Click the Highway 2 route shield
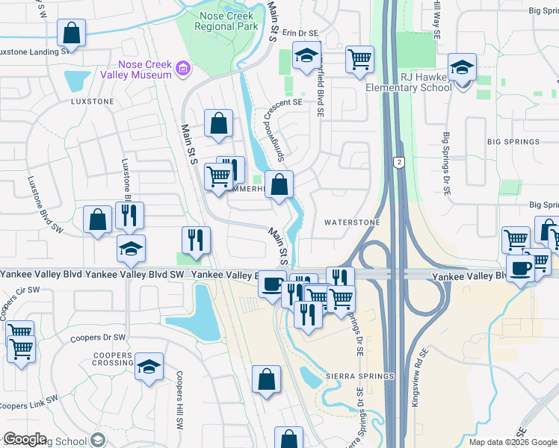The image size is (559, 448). (400, 162)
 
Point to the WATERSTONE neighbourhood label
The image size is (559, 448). (351, 223)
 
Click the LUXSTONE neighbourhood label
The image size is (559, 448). (92, 101)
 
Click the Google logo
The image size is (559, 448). (25, 439)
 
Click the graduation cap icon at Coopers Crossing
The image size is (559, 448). (149, 367)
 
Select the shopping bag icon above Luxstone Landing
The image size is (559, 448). (72, 33)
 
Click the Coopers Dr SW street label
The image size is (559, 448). (96, 337)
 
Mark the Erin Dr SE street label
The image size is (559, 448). (297, 34)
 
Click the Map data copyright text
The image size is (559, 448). (513, 442)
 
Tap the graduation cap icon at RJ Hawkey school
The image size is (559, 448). (462, 69)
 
